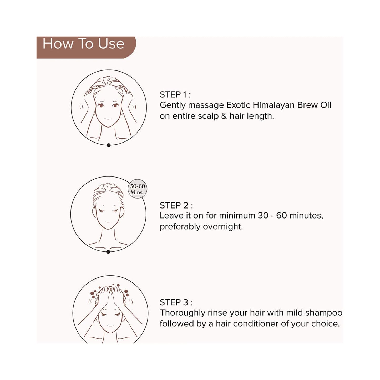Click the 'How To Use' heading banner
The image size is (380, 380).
pos(86,47)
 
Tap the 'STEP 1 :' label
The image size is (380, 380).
pos(175,95)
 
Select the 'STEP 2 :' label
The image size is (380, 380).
pos(176,205)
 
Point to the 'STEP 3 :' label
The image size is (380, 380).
pos(176,302)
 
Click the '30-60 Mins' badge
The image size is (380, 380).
pos(138,189)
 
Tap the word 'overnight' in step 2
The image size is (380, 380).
pos(223,227)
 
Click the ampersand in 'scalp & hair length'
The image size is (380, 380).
pos(224,116)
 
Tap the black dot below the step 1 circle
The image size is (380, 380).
pos(108,145)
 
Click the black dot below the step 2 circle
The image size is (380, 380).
pos(108,252)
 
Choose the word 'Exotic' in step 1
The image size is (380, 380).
pos(238,105)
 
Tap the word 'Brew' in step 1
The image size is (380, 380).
pos(307,105)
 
